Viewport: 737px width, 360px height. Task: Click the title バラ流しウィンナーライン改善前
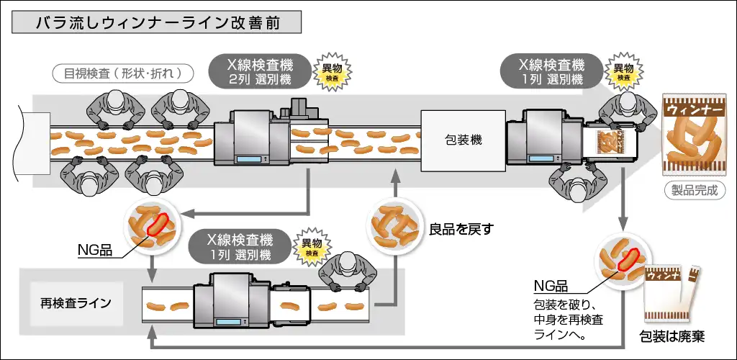pos(156,22)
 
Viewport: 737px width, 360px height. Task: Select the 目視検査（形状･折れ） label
pos(122,73)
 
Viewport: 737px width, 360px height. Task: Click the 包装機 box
pos(463,140)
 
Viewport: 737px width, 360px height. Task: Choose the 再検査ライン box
pos(76,303)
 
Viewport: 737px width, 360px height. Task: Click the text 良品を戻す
pos(461,230)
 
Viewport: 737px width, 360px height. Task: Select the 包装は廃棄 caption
pos(673,337)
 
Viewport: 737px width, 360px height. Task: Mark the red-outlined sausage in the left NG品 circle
pos(159,223)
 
